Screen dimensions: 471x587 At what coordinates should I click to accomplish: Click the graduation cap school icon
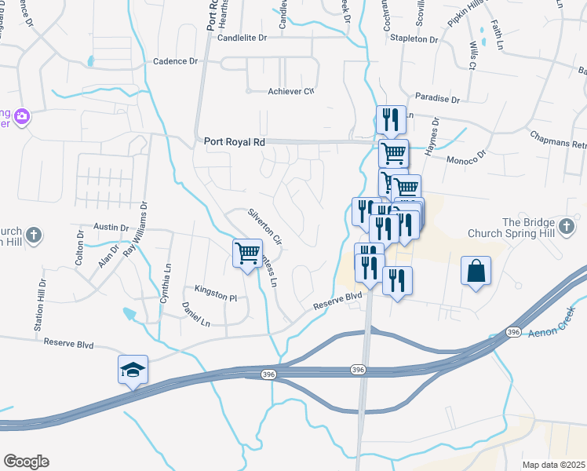coord(133,369)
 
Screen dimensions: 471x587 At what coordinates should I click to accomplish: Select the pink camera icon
coord(22,116)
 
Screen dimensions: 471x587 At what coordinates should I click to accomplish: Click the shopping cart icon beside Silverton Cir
coord(247,253)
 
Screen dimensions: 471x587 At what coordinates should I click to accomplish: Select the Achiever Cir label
coord(291,92)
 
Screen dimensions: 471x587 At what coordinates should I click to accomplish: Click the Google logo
coord(26,462)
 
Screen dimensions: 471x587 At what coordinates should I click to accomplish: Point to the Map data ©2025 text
coord(552,465)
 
